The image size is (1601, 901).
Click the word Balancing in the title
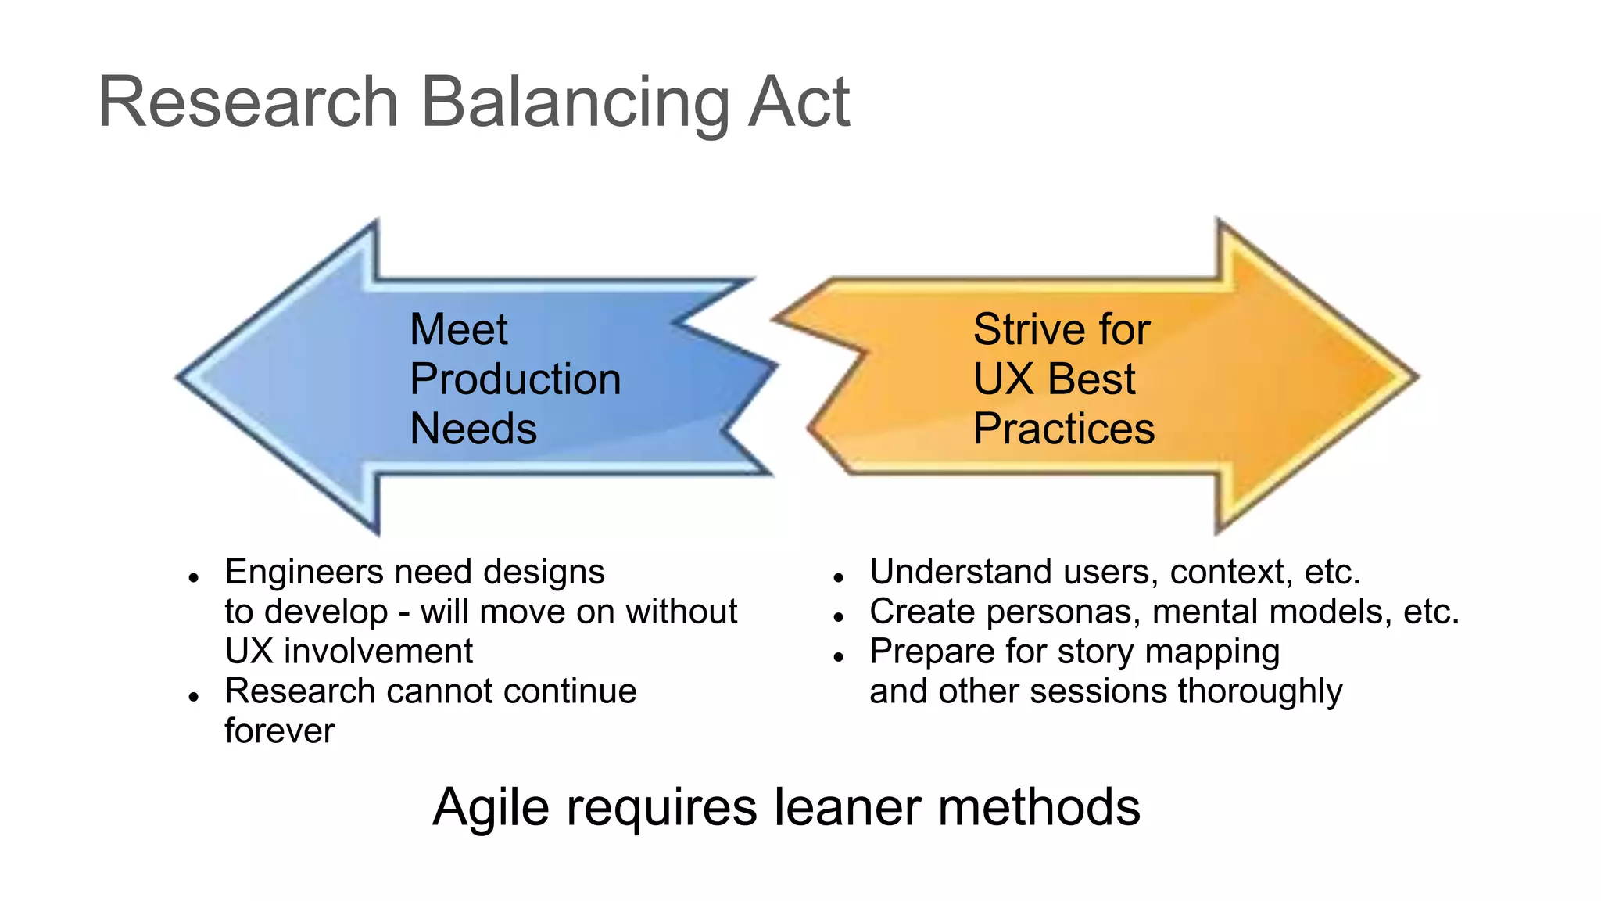(575, 103)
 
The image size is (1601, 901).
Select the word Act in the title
(798, 103)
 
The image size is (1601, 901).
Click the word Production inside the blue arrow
(515, 379)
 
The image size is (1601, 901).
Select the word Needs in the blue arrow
(473, 429)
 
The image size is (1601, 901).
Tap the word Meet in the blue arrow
(459, 329)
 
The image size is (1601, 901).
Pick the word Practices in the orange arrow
(1064, 429)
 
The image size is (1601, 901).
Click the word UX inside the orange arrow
(1004, 379)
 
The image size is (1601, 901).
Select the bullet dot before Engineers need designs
(194, 578)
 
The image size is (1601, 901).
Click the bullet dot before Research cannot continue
(194, 697)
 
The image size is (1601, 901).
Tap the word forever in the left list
(280, 731)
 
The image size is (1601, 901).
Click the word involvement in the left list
(378, 652)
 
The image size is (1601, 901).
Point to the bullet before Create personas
(839, 617)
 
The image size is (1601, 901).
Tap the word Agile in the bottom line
(490, 808)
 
